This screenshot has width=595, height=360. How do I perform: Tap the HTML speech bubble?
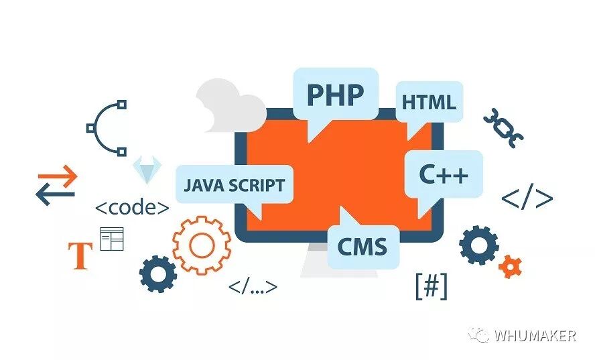[x=429, y=103]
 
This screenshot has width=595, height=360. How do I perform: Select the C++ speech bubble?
[x=443, y=174]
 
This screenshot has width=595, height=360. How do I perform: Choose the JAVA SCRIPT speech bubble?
[x=234, y=184]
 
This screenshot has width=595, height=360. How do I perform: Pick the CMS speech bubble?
[x=362, y=246]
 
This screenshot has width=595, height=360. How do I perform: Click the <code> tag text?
[x=132, y=207]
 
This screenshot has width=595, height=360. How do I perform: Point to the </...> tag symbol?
[x=253, y=288]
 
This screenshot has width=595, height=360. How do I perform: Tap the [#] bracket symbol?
[x=432, y=286]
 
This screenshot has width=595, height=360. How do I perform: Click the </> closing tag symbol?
[x=527, y=198]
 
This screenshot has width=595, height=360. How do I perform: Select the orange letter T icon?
[x=81, y=255]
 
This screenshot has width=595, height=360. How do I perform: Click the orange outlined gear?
[x=201, y=245]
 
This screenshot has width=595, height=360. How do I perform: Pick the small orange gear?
[x=511, y=266]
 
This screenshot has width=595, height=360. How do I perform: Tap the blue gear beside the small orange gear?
[x=479, y=245]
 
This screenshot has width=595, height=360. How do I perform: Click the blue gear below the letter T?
[x=158, y=274]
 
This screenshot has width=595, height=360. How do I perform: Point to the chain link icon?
[x=503, y=127]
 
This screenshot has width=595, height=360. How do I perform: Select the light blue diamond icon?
[x=146, y=170]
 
